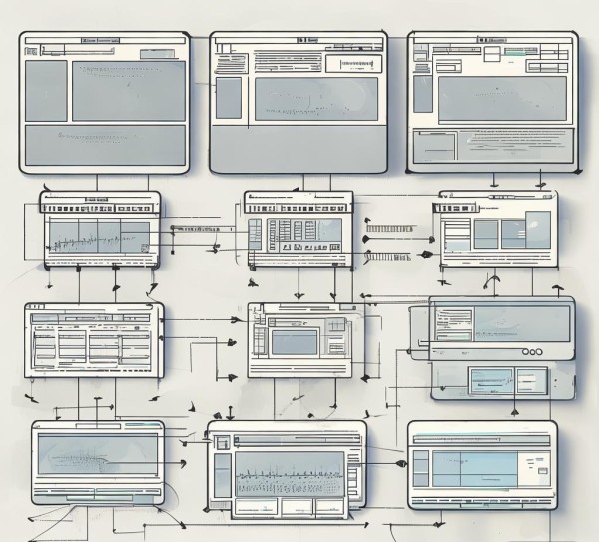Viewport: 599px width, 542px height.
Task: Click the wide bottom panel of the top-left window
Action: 105,144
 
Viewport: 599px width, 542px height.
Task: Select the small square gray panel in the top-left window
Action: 45,90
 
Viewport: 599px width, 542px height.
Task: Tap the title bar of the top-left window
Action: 104,40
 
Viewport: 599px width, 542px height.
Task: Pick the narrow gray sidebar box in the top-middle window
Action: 229,98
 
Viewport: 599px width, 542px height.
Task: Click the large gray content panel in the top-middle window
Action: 315,99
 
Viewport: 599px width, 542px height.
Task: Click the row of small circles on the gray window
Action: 532,352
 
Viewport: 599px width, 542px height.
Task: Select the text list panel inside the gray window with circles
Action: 449,321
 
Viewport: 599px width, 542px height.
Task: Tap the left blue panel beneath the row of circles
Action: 490,379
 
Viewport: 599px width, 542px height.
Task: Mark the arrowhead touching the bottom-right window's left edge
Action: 401,464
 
